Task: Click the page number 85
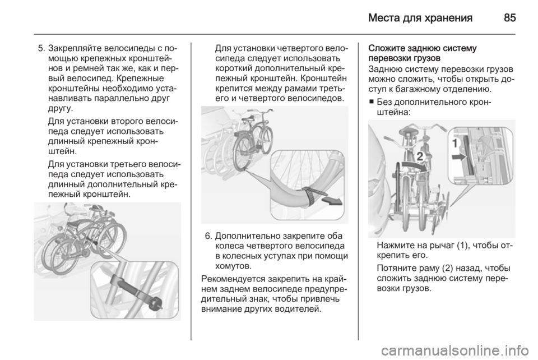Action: pyautogui.click(x=510, y=18)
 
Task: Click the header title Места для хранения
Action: pyautogui.click(x=420, y=18)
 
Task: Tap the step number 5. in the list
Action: pyautogui.click(x=41, y=48)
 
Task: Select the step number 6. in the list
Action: pyautogui.click(x=208, y=237)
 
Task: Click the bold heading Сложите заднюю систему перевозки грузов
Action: pyautogui.click(x=423, y=53)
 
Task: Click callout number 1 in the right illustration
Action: pyautogui.click(x=455, y=143)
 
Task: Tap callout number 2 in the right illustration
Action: pyautogui.click(x=420, y=156)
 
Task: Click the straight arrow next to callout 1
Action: pyautogui.click(x=459, y=158)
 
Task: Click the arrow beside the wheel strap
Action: pyautogui.click(x=332, y=201)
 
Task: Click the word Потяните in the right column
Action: pyautogui.click(x=397, y=268)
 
